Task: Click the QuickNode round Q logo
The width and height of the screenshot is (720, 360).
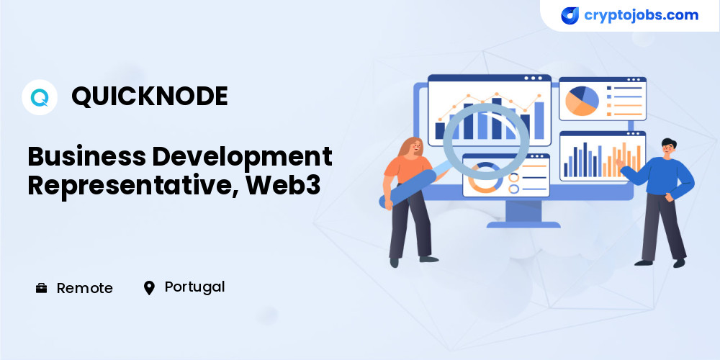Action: pos(40,97)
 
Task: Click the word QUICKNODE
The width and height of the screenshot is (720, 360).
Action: pos(150,97)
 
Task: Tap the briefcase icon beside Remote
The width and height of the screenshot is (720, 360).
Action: pos(41,288)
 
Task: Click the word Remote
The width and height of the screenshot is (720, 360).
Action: pos(84,288)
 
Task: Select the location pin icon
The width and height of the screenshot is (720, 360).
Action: pos(149,288)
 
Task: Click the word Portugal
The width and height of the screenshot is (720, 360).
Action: pos(194,287)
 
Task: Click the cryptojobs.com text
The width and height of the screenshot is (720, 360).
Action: pos(641,15)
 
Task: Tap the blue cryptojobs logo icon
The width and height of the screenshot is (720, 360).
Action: pos(570,16)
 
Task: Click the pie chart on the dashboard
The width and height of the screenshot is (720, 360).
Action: pos(582,101)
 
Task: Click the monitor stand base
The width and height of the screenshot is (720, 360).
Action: pos(523,225)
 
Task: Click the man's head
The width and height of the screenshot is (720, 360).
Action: pos(668,146)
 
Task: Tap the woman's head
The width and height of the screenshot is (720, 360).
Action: pos(413,146)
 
